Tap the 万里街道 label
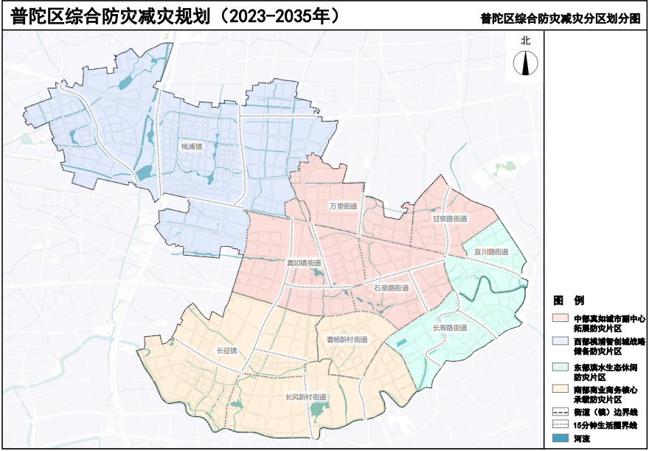pos(343,206)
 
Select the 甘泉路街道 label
pos(450,219)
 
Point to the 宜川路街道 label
pos(492,252)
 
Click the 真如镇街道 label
pos(303,263)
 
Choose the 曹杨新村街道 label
pos(347,340)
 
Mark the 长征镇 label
pos(226,350)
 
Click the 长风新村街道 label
pos(305,397)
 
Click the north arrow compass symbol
pos(524,65)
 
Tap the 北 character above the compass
pos(524,42)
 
